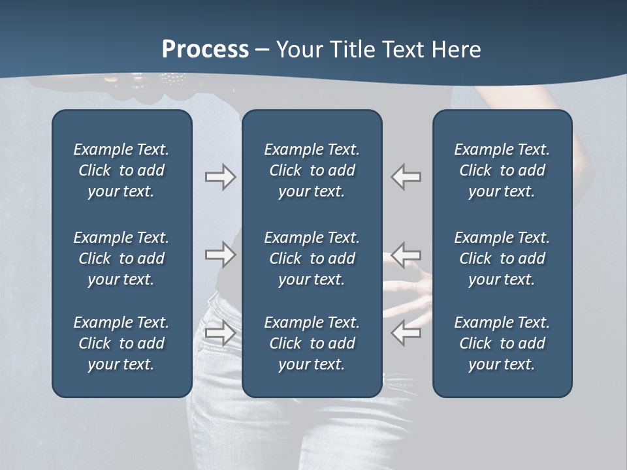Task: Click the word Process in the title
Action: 205,49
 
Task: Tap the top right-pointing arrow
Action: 220,177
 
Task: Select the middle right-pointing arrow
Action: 220,254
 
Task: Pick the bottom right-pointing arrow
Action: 220,332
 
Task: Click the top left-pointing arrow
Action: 406,177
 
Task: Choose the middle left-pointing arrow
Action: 406,254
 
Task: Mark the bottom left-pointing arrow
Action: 406,332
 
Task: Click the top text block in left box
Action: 121,170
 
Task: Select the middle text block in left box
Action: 121,258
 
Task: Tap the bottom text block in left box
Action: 121,343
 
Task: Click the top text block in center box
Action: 312,170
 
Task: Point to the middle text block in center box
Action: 312,258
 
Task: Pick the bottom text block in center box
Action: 312,343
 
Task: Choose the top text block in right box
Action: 502,170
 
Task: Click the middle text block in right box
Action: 502,258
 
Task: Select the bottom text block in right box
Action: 502,343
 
